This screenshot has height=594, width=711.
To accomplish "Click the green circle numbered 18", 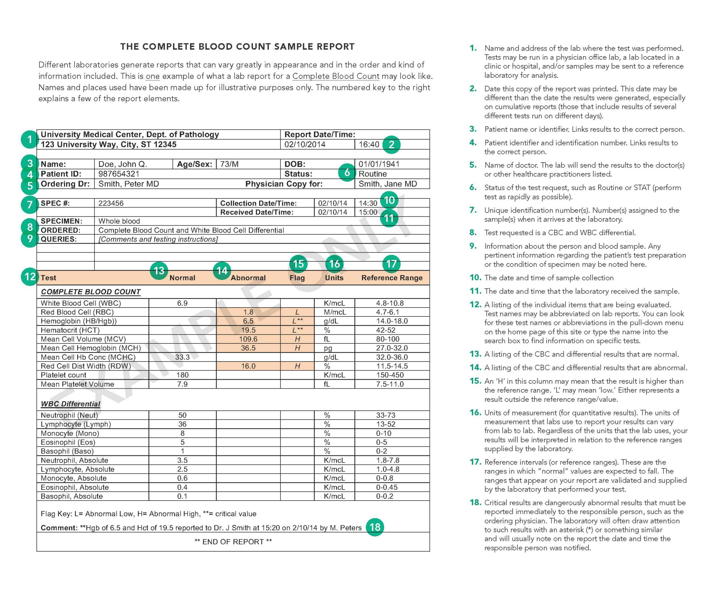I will (375, 527).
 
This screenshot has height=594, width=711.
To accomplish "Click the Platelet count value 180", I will (182, 375).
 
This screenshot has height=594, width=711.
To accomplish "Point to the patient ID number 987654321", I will (119, 174).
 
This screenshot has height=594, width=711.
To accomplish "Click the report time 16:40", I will (369, 144).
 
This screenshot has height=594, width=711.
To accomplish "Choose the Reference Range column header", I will (392, 278).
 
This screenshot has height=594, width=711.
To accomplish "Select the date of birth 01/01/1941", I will (379, 164).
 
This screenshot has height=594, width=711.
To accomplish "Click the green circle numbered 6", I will (347, 172).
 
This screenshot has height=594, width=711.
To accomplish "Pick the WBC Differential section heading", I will (71, 404).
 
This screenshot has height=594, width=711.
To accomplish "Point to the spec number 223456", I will (111, 203).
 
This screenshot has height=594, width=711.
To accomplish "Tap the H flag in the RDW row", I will (297, 366).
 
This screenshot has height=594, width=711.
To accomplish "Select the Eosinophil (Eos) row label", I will (68, 442).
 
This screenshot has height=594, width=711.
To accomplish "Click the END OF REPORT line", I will (233, 541).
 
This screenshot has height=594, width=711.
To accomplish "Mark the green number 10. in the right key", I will (475, 278).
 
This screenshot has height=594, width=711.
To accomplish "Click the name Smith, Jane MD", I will (388, 184).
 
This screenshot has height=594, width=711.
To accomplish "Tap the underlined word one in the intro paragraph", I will (152, 76).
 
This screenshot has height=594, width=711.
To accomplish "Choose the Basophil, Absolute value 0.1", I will (182, 496).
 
